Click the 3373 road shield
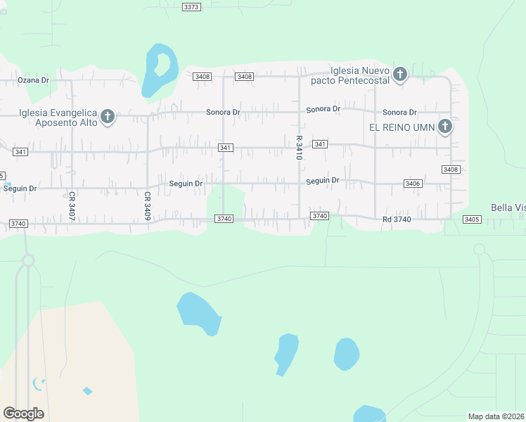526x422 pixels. (191, 7)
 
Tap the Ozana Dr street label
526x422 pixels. (33, 80)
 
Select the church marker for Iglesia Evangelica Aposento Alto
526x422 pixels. (108, 116)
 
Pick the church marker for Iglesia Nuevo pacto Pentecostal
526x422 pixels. (400, 74)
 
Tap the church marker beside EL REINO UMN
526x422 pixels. (444, 127)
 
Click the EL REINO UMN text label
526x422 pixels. (402, 127)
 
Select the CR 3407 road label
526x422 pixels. (72, 204)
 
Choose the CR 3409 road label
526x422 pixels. (148, 206)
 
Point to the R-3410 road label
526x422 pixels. (299, 148)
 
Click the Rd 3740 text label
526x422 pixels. (397, 219)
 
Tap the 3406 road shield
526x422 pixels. (413, 184)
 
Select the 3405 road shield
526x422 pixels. (472, 219)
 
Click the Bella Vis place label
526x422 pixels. (508, 208)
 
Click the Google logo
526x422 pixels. (23, 413)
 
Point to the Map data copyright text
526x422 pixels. (496, 416)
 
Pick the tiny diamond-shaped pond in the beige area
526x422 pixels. (87, 391)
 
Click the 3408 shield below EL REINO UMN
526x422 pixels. (450, 170)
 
